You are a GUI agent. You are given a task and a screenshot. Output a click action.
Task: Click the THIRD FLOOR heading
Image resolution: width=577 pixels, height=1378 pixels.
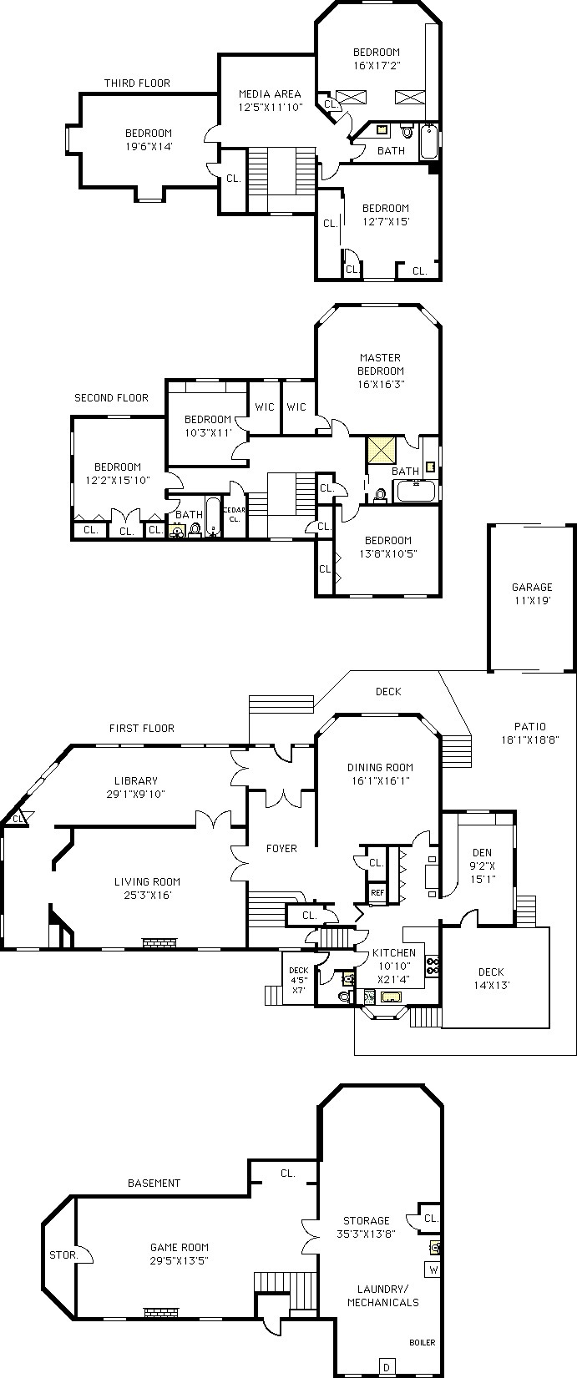(137, 83)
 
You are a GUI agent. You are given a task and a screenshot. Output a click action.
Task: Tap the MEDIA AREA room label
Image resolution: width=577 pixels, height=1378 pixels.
(270, 94)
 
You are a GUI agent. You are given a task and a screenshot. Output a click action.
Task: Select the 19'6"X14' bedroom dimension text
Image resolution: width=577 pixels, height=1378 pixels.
(149, 146)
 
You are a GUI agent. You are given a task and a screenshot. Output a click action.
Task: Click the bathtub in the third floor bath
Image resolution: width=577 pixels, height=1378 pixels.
(428, 142)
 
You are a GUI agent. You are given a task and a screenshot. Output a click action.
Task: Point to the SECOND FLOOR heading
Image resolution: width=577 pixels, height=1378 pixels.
(111, 398)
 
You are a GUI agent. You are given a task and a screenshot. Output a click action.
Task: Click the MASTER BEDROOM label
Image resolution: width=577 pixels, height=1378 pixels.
(381, 364)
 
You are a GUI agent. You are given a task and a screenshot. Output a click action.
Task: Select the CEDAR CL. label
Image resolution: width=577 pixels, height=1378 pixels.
(235, 514)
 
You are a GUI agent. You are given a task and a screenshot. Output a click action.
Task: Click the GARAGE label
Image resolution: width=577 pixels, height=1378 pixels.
(532, 588)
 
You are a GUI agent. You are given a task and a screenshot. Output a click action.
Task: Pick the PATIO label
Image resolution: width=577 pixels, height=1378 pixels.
(529, 726)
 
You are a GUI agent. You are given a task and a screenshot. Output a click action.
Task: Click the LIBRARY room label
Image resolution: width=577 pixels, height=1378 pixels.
(136, 780)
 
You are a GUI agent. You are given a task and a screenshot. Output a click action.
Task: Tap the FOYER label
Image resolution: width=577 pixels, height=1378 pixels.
(281, 848)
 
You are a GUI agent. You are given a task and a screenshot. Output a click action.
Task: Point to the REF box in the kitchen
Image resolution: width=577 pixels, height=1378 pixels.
(377, 893)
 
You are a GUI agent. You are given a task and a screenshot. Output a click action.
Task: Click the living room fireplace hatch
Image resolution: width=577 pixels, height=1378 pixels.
(160, 941)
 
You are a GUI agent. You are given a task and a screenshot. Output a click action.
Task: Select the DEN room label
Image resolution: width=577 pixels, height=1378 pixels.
(483, 853)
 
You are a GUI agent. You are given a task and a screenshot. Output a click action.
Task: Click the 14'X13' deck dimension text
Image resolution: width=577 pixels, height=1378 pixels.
(491, 985)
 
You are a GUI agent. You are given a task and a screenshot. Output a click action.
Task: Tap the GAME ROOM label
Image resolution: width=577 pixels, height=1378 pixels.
(180, 1248)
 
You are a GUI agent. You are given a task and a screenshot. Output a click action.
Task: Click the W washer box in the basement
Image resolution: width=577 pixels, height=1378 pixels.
(433, 1269)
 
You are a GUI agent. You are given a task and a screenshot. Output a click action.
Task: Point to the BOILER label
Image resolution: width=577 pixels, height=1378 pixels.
(422, 1342)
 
